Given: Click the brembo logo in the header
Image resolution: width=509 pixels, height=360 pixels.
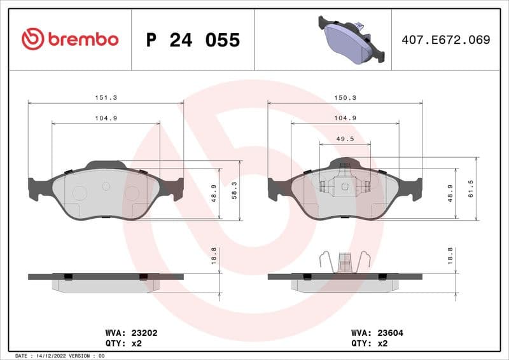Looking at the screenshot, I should click(70, 39).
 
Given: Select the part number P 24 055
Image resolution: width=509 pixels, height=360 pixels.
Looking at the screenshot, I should click(193, 40).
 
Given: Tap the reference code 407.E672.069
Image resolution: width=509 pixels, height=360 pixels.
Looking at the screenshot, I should click(445, 39).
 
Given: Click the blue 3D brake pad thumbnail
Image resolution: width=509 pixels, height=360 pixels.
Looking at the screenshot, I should click(352, 40).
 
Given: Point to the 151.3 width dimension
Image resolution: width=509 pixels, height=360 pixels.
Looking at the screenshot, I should click(106, 98).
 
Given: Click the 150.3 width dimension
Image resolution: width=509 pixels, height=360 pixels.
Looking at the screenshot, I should click(345, 98).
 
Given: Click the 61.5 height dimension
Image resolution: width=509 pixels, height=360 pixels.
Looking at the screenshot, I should click(470, 190).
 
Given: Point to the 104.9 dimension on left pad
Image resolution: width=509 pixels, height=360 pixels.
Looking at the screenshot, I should click(106, 118).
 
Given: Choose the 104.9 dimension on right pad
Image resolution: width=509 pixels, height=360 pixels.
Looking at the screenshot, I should click(345, 118).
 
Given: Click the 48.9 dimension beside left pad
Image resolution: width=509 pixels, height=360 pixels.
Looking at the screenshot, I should click(214, 193).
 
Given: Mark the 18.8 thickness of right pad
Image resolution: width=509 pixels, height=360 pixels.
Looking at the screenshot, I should click(450, 256).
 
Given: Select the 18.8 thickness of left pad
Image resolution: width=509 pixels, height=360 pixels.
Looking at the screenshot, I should click(214, 256).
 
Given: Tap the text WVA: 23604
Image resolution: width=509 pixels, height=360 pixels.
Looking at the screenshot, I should click(377, 332).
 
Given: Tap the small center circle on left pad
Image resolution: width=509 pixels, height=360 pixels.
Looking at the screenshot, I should click(106, 186).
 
